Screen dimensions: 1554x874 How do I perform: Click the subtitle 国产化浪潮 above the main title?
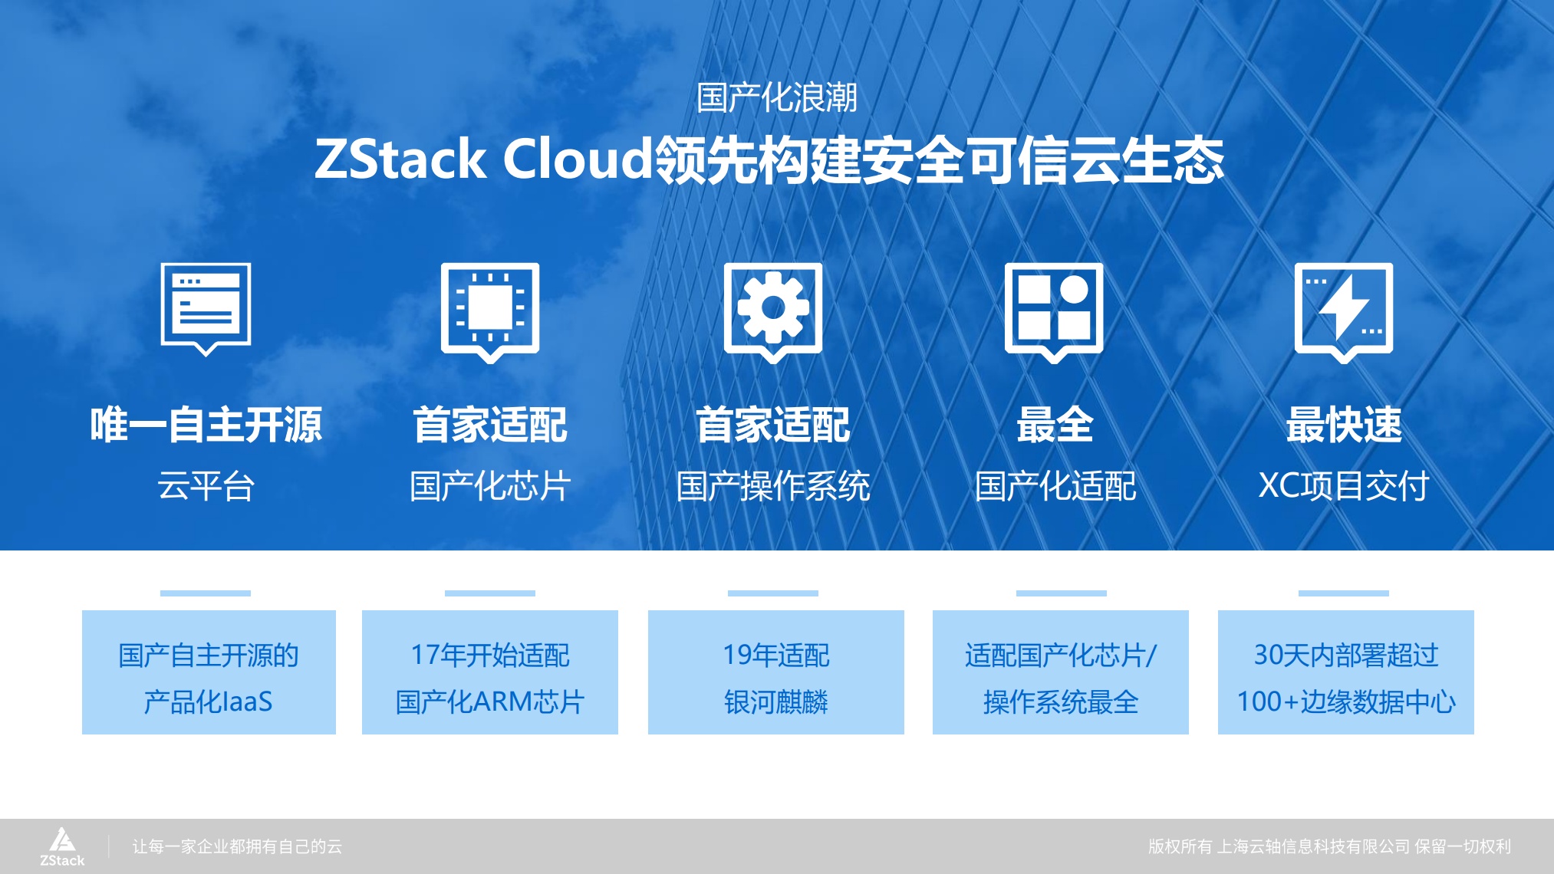click(776, 97)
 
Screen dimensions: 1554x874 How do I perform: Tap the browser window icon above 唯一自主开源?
click(206, 307)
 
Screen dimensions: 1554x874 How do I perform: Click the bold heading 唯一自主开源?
click(206, 425)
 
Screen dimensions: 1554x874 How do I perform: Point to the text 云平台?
click(206, 486)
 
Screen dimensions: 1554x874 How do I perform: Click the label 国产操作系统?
click(773, 486)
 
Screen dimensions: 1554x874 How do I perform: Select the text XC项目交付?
click(1343, 486)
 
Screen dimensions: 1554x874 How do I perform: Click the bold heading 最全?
click(1055, 425)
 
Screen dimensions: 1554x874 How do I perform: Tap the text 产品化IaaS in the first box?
click(208, 701)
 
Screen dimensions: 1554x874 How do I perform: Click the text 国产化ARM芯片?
click(490, 701)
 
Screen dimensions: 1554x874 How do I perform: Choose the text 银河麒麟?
click(776, 701)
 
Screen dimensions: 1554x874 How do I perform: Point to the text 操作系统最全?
click(1061, 701)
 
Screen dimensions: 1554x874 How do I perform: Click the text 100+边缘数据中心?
click(1345, 701)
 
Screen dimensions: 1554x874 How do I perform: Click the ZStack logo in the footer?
click(62, 846)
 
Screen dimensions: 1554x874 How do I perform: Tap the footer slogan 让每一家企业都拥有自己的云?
click(237, 846)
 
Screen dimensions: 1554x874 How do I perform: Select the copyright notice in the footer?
click(1329, 846)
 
